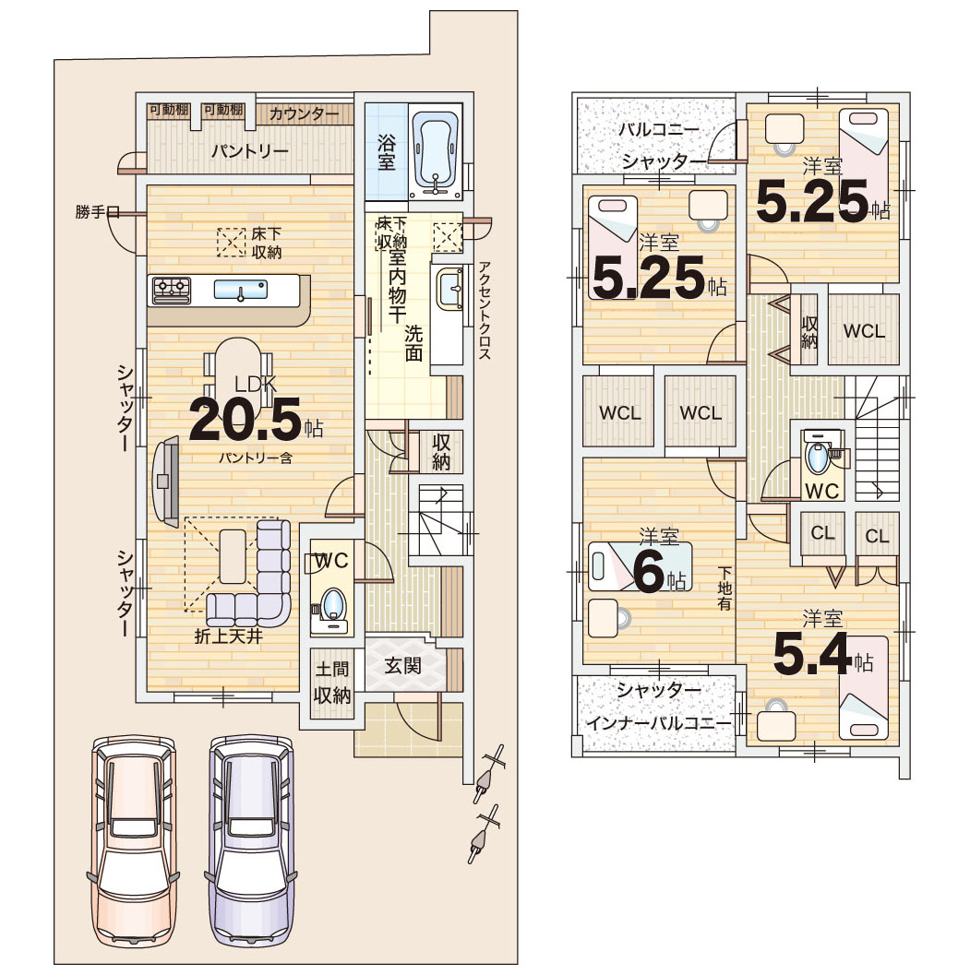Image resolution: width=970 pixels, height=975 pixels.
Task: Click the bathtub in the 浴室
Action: point(436,153)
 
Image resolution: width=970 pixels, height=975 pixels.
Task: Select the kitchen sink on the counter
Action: point(240,290)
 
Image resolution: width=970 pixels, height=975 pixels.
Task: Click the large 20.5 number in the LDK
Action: point(245,418)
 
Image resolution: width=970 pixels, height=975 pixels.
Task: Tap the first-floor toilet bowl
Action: point(333,605)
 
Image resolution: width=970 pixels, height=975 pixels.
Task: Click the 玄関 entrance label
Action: point(402,666)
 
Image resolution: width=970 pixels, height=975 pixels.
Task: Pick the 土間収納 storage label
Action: point(332,682)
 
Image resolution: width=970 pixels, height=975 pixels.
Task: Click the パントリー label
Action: point(249,151)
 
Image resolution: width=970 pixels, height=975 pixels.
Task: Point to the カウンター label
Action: point(305,113)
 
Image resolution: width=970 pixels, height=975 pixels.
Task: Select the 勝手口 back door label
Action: point(97,212)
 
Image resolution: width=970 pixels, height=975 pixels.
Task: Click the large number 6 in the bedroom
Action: point(650,571)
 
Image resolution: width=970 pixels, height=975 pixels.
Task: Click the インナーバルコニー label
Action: point(658,723)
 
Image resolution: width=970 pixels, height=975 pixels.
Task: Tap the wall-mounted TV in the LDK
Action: point(165,479)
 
